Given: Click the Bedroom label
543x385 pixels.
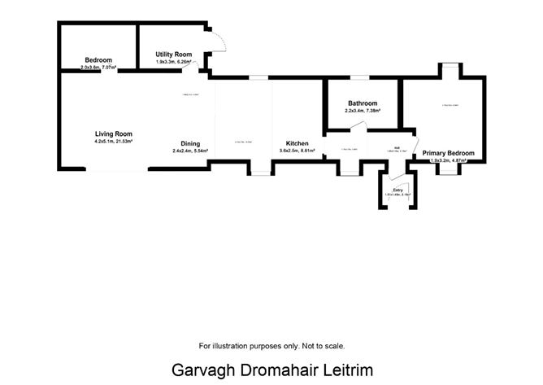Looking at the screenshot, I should [x=98, y=60].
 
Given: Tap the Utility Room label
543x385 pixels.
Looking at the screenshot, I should [x=173, y=55].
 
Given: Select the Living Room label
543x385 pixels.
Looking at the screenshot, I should [x=113, y=134].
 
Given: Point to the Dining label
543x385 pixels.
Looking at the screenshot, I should [x=191, y=143].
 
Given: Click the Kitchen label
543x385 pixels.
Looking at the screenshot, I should [x=295, y=143].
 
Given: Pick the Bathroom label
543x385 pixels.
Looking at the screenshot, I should [x=363, y=103].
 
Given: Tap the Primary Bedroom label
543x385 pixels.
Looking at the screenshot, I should [x=448, y=153].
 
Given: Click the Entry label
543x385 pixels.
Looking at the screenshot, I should [x=397, y=190].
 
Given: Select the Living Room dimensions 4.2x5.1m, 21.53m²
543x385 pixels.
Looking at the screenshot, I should [x=113, y=142].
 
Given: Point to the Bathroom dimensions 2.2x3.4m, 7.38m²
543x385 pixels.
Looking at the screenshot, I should [x=363, y=111].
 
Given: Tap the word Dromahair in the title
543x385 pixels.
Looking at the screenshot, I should [x=273, y=370].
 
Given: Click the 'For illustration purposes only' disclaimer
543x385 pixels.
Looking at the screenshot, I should [x=271, y=345].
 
